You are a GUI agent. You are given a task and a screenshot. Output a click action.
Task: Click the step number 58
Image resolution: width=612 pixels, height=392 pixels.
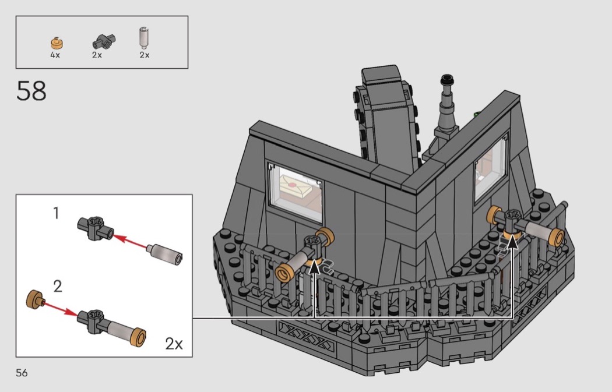[31, 91]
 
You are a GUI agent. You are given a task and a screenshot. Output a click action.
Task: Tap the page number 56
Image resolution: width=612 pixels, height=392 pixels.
[22, 373]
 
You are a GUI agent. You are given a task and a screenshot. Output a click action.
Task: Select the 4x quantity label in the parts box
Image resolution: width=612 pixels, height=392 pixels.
[55, 55]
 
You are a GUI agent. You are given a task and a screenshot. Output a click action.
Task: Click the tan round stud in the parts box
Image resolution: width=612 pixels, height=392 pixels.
[57, 43]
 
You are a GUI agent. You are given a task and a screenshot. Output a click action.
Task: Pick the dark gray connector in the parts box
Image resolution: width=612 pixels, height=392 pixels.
[104, 41]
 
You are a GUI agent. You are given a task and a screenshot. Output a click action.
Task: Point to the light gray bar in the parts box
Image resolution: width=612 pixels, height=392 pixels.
[143, 38]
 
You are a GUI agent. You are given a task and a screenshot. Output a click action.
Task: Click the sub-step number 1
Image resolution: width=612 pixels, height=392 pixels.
[56, 213]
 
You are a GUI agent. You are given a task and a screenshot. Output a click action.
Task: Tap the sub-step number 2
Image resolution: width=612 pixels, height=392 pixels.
[57, 287]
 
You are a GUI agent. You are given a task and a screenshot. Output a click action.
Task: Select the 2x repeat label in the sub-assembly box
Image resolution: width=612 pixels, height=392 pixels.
[174, 344]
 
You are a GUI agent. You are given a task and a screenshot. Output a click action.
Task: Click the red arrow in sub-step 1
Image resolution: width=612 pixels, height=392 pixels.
[131, 241]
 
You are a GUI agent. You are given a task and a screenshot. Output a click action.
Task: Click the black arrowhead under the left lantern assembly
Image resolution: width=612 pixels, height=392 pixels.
[314, 267]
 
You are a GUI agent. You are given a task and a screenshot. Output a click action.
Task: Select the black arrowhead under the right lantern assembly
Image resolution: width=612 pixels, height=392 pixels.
[512, 242]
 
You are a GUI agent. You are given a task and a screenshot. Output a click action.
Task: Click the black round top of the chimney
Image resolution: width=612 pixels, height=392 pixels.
[447, 80]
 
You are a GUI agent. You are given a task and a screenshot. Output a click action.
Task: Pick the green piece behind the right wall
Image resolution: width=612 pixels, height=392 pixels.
[477, 115]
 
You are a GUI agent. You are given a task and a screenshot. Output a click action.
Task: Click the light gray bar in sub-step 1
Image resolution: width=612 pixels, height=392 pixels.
[165, 254]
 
